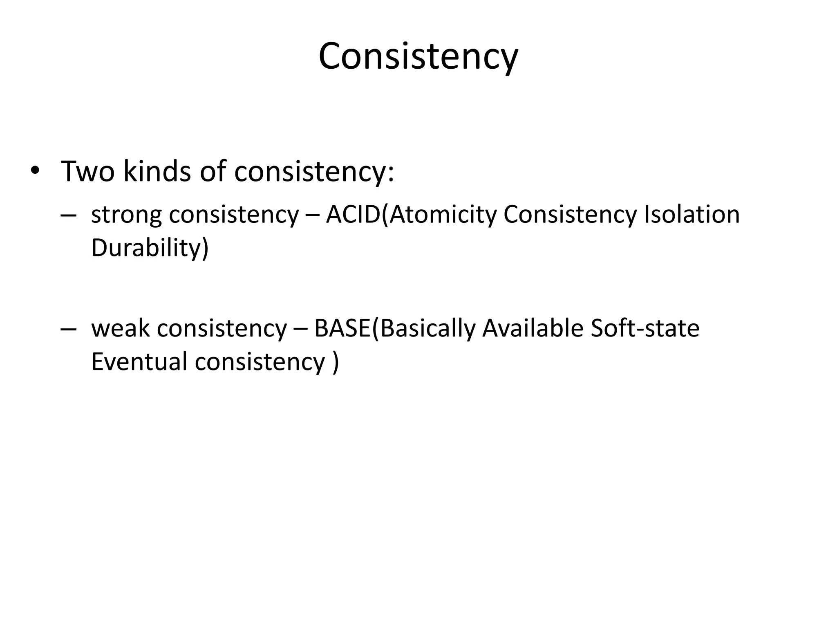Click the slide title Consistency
tap(418, 56)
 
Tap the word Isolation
tap(692, 214)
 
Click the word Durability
tap(147, 248)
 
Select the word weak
tap(121, 328)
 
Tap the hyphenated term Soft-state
tap(645, 328)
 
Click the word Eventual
tap(139, 362)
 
